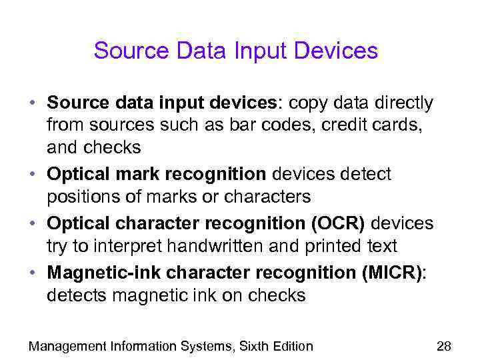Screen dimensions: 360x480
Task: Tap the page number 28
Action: tap(443, 346)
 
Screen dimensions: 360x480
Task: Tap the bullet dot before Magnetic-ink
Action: tap(33, 273)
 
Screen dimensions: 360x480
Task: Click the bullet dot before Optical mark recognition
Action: tap(33, 175)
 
